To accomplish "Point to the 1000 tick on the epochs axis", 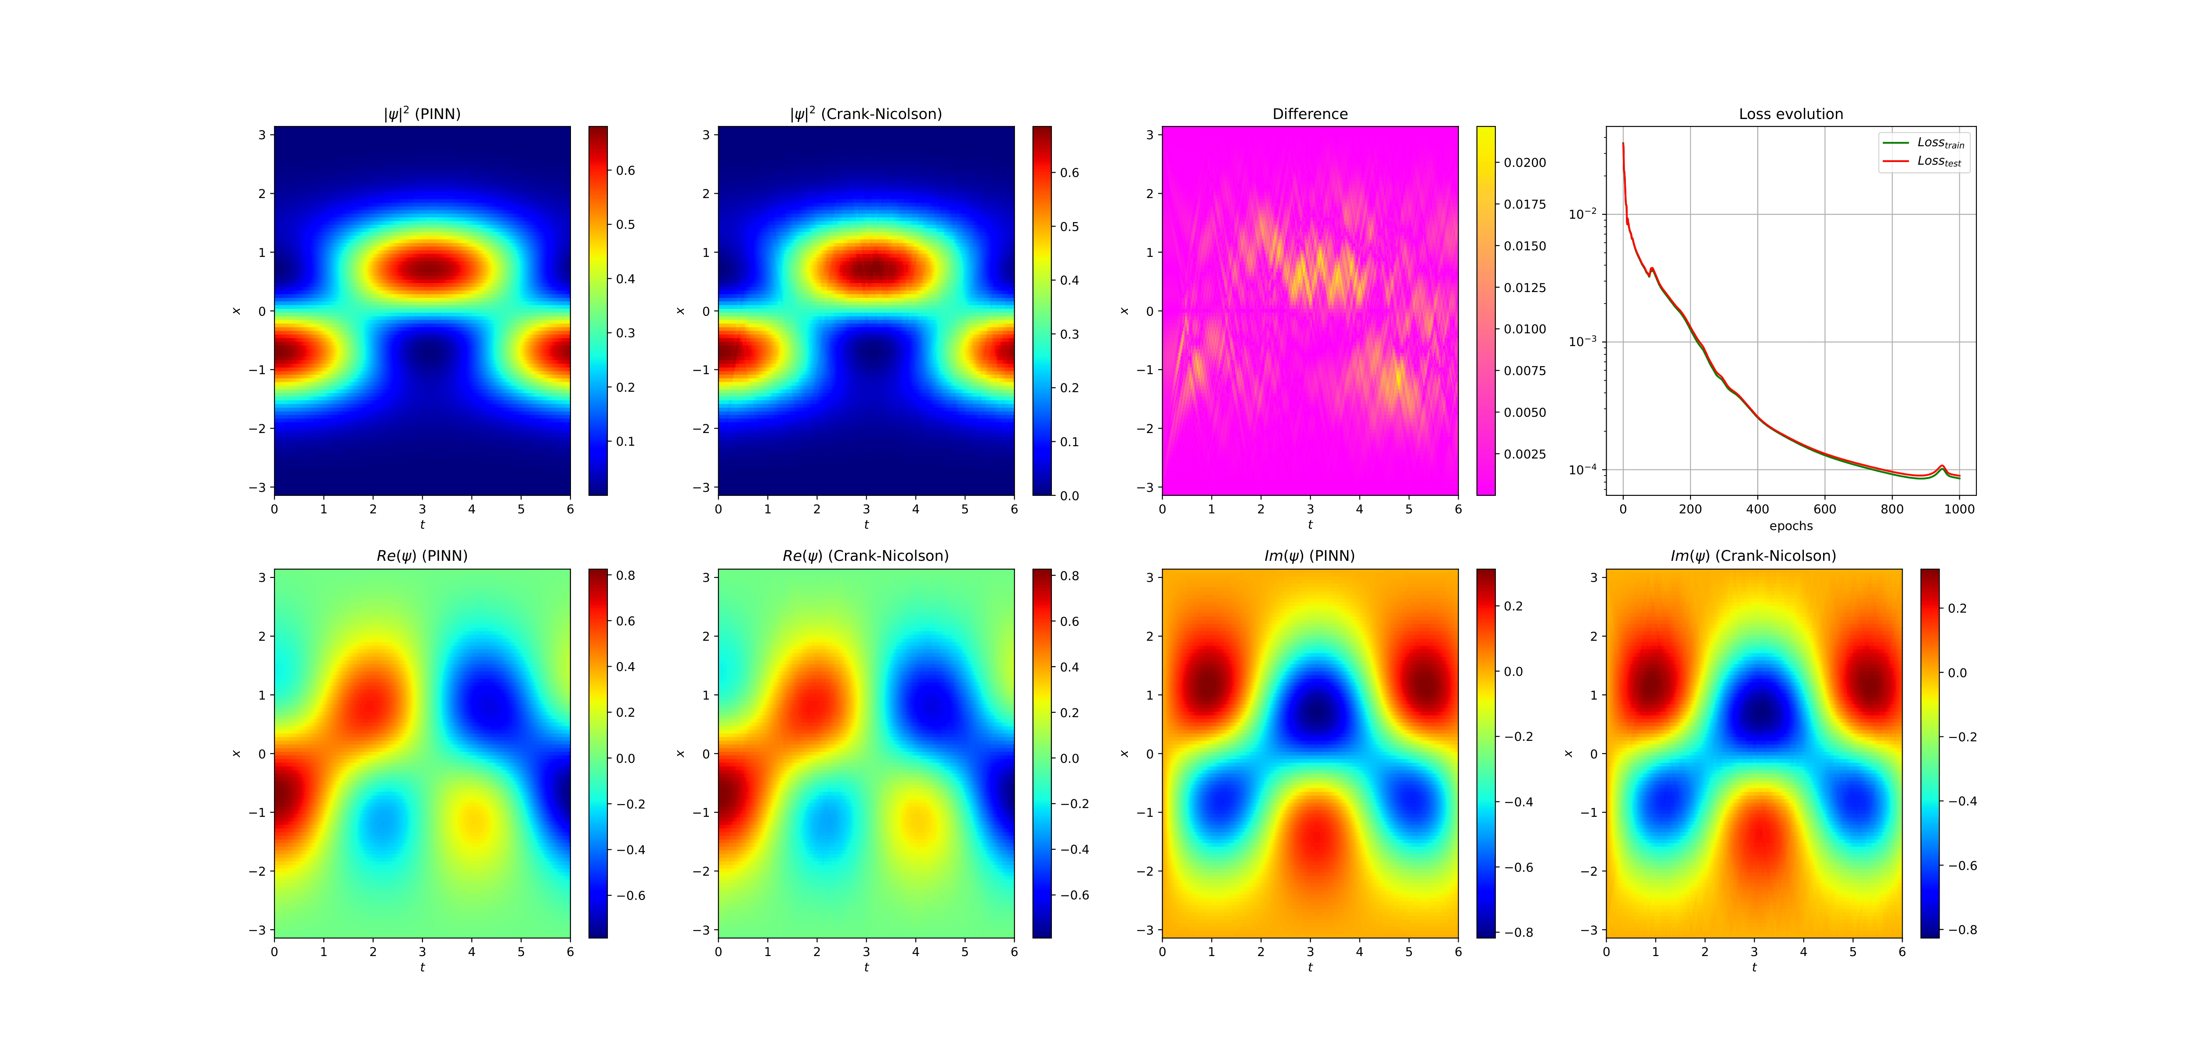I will pos(1959,509).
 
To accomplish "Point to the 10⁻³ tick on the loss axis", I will pos(1582,341).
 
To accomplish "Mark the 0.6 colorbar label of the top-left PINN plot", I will pos(626,170).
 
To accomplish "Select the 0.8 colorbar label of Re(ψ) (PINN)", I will pos(626,576).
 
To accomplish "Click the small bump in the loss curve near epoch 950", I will pos(1942,467).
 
